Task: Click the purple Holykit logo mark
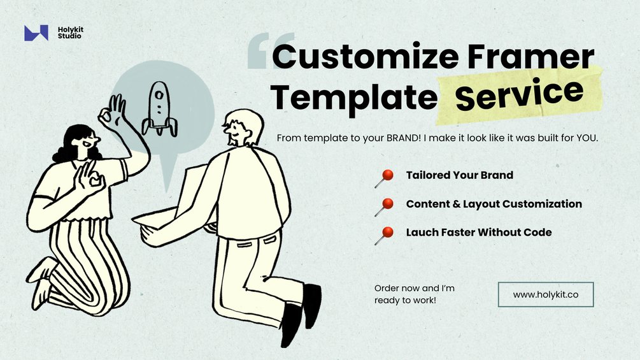tap(36, 33)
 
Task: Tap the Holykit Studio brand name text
tap(70, 32)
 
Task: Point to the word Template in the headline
tap(353, 97)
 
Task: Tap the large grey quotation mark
tap(270, 50)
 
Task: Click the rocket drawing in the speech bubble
tap(159, 109)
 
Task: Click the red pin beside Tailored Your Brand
tap(384, 178)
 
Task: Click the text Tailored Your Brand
tap(460, 175)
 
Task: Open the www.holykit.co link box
tap(546, 294)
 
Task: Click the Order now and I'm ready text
tap(415, 294)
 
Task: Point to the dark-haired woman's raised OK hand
tap(113, 112)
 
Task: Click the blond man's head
tap(243, 127)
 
